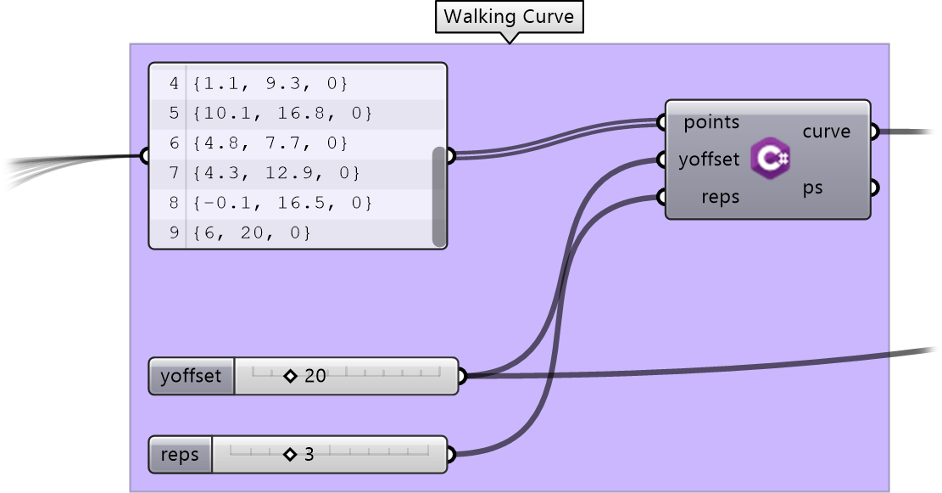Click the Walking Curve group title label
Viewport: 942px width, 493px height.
pos(509,17)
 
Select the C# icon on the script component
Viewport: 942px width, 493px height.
pos(770,158)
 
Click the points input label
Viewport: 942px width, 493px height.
pos(711,123)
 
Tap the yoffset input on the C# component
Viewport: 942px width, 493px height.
pos(709,160)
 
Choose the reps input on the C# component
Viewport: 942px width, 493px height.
pos(721,197)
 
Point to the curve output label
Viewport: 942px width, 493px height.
pos(826,132)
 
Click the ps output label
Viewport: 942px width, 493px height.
pos(812,188)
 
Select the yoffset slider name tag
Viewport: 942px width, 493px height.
pos(191,377)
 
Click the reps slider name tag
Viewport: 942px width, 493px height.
pos(181,455)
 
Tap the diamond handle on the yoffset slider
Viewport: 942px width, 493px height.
pos(290,377)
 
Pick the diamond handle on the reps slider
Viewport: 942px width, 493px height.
pos(290,455)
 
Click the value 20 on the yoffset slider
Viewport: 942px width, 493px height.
pos(315,377)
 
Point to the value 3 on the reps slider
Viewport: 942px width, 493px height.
pos(309,455)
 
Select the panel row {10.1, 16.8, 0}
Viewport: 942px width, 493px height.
pos(282,113)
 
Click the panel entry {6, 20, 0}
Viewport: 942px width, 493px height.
pos(252,232)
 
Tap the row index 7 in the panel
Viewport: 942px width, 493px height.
pos(174,173)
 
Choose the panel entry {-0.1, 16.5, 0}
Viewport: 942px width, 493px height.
pos(282,203)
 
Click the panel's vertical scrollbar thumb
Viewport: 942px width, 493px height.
pos(439,197)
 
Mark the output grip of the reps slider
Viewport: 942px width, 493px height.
pos(450,455)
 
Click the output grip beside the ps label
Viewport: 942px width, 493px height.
pos(875,188)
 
